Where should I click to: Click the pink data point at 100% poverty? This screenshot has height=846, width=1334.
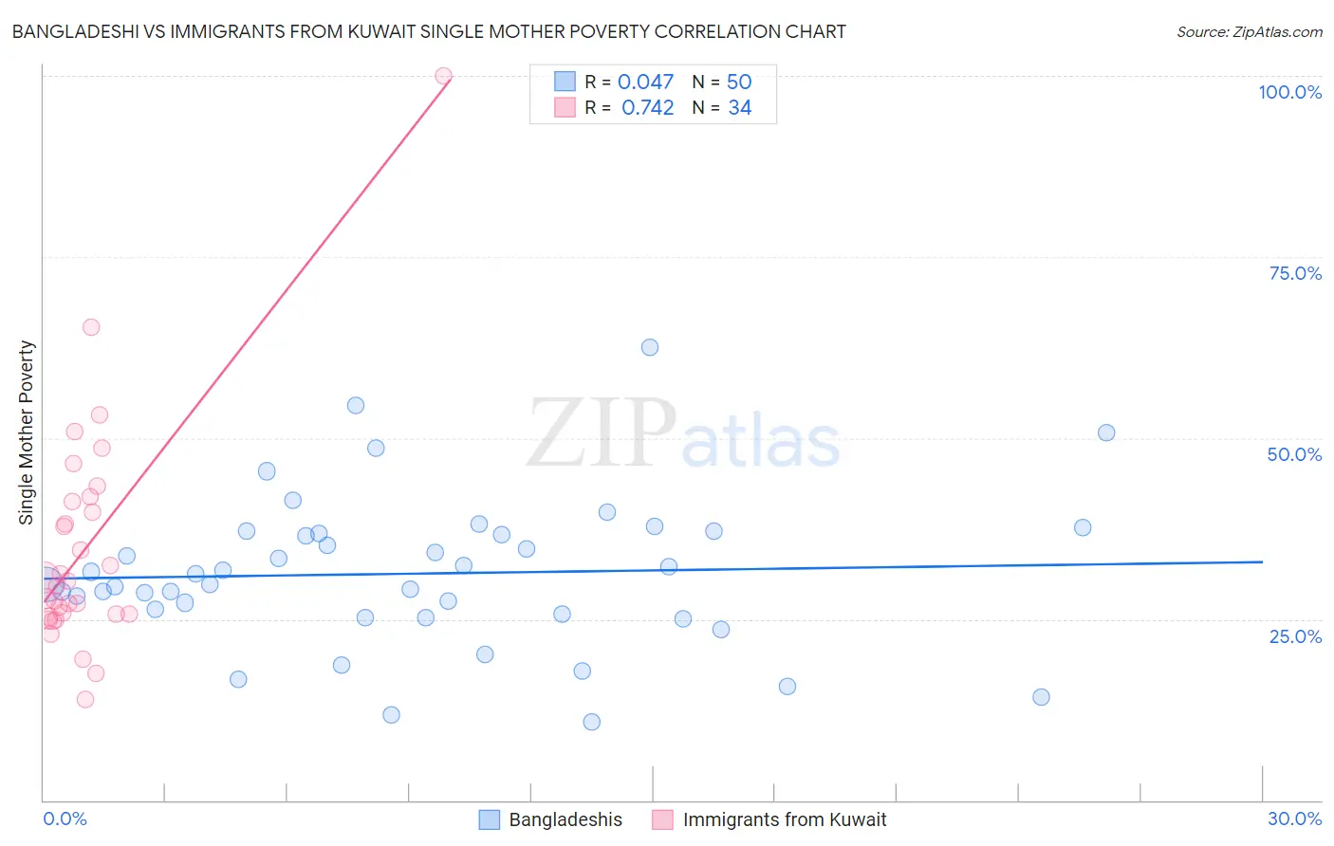443,76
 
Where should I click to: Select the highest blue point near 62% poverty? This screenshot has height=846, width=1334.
650,347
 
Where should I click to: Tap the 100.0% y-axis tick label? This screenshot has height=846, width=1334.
1289,92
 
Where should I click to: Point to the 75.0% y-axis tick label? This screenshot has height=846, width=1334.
1295,273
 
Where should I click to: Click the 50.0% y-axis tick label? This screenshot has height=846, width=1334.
1294,454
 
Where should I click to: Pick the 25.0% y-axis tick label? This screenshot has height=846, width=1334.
1295,635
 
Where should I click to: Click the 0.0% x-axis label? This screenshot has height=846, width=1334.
65,818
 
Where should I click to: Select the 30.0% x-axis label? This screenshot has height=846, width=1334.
1294,818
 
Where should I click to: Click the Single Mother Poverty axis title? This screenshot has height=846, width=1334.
27,432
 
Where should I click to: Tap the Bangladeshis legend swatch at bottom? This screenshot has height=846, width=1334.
490,819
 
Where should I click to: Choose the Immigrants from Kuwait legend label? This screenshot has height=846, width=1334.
785,819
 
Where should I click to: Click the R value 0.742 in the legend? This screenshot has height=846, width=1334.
648,108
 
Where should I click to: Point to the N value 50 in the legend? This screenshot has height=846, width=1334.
739,83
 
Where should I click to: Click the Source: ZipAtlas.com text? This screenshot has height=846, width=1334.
1249,32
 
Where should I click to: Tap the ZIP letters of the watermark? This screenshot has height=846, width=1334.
602,433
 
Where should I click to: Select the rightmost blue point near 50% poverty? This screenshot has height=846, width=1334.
1106,432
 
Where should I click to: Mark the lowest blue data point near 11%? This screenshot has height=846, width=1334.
592,722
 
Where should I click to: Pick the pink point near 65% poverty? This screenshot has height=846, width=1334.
91,327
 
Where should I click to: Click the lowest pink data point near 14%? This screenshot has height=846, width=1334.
85,699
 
